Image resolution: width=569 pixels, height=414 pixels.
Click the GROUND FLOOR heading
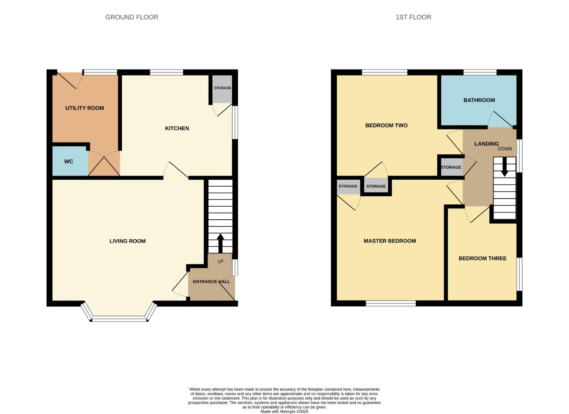[132, 17]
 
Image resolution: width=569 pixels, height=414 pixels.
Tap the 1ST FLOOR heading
[413, 17]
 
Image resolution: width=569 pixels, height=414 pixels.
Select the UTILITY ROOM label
[85, 108]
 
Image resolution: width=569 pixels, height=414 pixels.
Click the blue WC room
[69, 161]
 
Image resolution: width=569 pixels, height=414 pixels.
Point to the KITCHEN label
[177, 128]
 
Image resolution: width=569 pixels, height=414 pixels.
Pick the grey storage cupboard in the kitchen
[222, 89]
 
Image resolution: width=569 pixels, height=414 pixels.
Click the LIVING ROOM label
[127, 241]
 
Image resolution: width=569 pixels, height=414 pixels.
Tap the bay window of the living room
[119, 317]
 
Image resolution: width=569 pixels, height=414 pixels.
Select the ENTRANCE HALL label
[211, 282]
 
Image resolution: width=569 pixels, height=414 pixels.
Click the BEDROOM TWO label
[386, 125]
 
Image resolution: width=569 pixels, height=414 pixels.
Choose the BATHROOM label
[479, 100]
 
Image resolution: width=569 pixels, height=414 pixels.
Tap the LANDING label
[486, 144]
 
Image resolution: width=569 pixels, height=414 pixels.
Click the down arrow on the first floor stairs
[504, 169]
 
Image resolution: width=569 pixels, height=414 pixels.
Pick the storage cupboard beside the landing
[451, 168]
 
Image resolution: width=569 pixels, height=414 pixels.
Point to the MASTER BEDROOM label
[390, 241]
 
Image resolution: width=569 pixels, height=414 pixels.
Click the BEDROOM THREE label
[483, 258]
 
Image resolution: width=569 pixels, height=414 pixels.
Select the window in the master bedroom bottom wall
[391, 304]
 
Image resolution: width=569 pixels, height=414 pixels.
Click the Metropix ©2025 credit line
[284, 411]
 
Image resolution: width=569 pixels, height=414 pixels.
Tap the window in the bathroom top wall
[480, 72]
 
